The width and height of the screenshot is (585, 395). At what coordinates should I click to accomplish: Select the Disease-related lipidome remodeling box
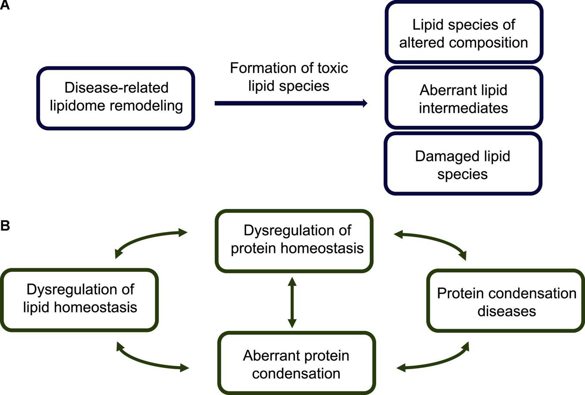pyautogui.click(x=116, y=98)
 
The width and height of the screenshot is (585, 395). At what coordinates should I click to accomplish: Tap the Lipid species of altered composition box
pyautogui.click(x=463, y=33)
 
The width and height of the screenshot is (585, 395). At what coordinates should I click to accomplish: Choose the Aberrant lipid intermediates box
pyautogui.click(x=463, y=98)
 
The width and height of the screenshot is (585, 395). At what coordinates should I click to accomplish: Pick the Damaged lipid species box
pyautogui.click(x=463, y=164)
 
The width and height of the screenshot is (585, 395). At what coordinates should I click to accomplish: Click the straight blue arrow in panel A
pyautogui.click(x=291, y=103)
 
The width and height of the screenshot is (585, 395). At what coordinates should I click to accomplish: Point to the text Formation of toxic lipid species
pyautogui.click(x=288, y=77)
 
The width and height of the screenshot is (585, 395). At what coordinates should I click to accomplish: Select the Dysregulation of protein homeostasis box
pyautogui.click(x=294, y=240)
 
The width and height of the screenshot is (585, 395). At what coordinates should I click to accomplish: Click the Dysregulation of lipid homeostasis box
pyautogui.click(x=80, y=299)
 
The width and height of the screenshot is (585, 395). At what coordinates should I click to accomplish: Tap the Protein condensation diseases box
pyautogui.click(x=506, y=301)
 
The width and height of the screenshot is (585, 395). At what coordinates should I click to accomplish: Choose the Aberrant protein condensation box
pyautogui.click(x=297, y=364)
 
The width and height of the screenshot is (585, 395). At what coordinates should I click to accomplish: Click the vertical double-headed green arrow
pyautogui.click(x=292, y=302)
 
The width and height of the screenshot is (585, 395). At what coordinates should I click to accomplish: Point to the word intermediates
pyautogui.click(x=463, y=108)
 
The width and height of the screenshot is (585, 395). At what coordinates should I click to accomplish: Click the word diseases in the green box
pyautogui.click(x=506, y=311)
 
